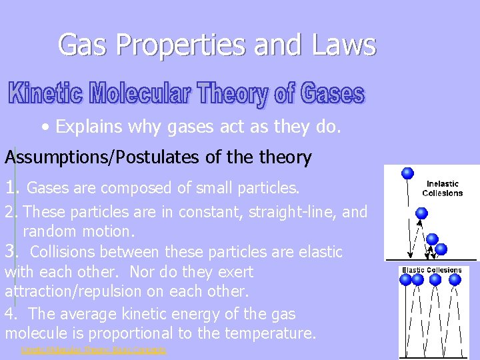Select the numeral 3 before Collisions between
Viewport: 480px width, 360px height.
click(x=10, y=251)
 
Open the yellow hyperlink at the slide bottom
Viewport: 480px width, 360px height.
click(x=93, y=350)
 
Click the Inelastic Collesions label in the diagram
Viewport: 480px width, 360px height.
click(x=442, y=188)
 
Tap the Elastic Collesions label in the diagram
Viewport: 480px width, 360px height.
click(x=431, y=270)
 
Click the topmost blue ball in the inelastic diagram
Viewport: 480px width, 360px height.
click(x=407, y=174)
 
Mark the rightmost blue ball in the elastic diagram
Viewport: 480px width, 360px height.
click(x=455, y=280)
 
